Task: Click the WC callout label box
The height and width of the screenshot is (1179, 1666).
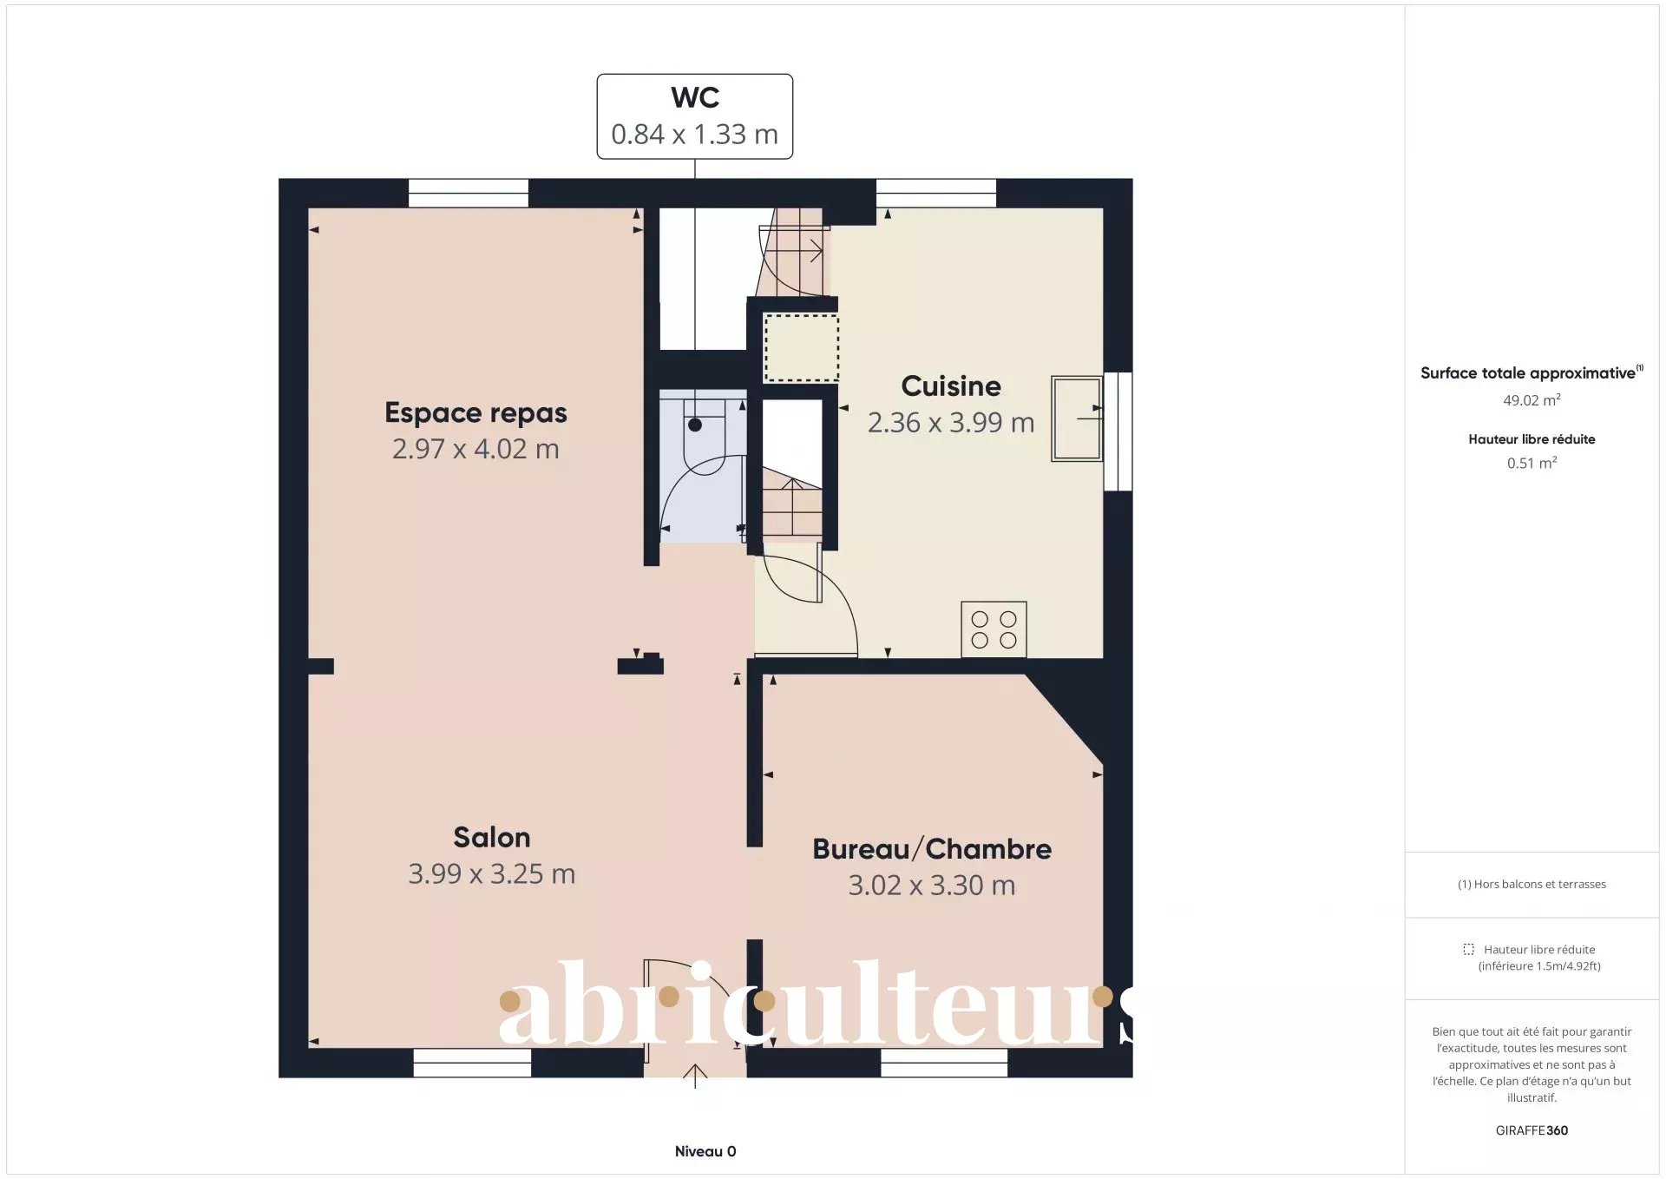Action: pyautogui.click(x=694, y=116)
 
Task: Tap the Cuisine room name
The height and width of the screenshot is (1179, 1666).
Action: pyautogui.click(x=951, y=385)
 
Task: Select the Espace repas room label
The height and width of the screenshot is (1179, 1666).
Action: pyautogui.click(x=476, y=412)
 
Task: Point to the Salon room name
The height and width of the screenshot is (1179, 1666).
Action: pyautogui.click(x=491, y=837)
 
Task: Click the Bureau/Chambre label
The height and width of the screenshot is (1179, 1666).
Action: pyautogui.click(x=932, y=848)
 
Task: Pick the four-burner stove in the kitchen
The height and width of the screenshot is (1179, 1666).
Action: pyautogui.click(x=994, y=629)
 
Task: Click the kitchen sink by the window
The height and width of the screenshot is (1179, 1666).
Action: pyautogui.click(x=1077, y=418)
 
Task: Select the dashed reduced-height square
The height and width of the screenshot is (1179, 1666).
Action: pyautogui.click(x=801, y=348)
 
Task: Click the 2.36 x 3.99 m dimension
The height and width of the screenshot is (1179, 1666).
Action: pyautogui.click(x=951, y=423)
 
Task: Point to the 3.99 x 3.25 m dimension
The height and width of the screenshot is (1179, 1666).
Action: pyautogui.click(x=491, y=873)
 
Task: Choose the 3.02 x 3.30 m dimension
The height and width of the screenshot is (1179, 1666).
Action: pyautogui.click(x=932, y=886)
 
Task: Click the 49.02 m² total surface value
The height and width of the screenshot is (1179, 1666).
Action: pyautogui.click(x=1532, y=400)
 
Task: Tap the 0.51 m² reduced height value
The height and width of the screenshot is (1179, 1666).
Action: pyautogui.click(x=1532, y=463)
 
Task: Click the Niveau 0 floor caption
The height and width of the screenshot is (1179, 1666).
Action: pyautogui.click(x=705, y=1151)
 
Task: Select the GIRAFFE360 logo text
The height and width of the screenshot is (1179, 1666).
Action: pyautogui.click(x=1532, y=1130)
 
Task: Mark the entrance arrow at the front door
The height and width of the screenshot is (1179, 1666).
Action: pyautogui.click(x=695, y=1076)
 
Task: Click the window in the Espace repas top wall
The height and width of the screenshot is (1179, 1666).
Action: pyautogui.click(x=469, y=193)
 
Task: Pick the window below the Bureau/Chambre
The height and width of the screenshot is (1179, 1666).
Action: pyautogui.click(x=944, y=1063)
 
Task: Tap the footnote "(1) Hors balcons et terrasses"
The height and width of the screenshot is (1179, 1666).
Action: pyautogui.click(x=1532, y=884)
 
